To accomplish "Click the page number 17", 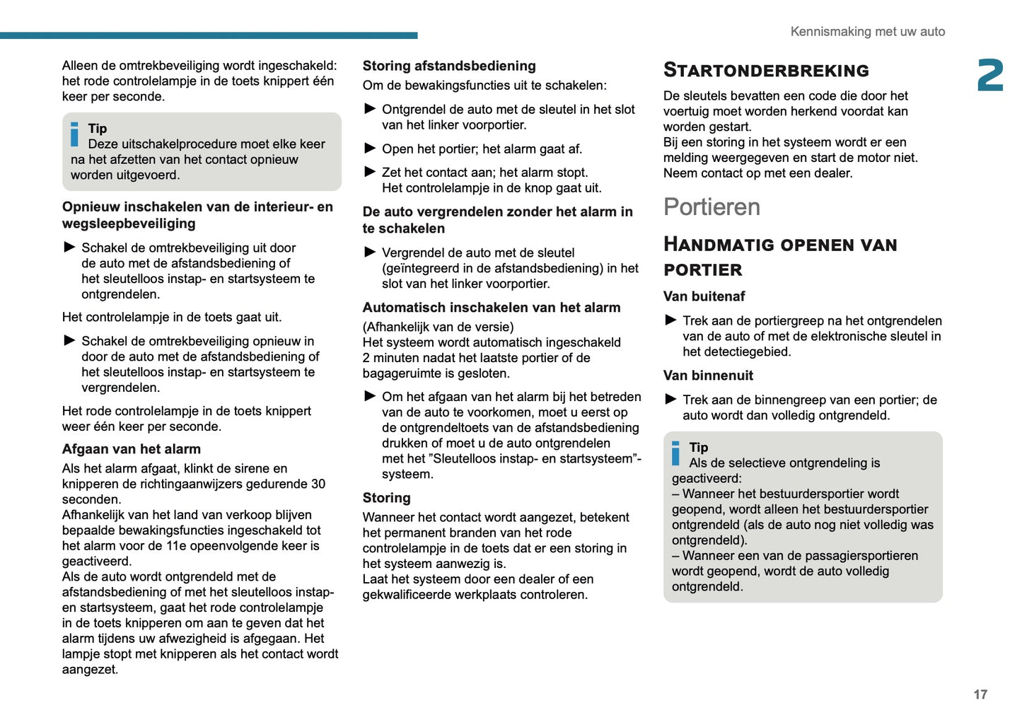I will [980, 695].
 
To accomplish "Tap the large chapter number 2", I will [990, 76].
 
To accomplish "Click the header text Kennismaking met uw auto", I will [867, 32].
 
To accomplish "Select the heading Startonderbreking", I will [766, 70].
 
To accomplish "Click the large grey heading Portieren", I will [712, 207].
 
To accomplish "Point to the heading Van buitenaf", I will [704, 296].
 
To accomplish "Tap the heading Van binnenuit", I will [708, 376].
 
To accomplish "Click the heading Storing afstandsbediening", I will [449, 66].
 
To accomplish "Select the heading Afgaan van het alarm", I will [132, 449].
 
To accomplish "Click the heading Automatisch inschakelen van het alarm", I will [492, 308].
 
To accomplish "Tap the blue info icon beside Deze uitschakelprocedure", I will [75, 134].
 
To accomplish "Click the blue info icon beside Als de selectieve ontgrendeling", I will [676, 453].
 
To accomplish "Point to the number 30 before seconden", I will [318, 484].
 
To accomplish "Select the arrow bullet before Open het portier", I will [370, 149].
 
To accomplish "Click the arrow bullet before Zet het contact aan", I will [370, 172].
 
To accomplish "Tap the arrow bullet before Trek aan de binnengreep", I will [671, 400].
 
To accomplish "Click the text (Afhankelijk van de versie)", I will [438, 327].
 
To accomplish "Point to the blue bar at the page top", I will [209, 35].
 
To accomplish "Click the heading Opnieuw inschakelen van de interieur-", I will [197, 207].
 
